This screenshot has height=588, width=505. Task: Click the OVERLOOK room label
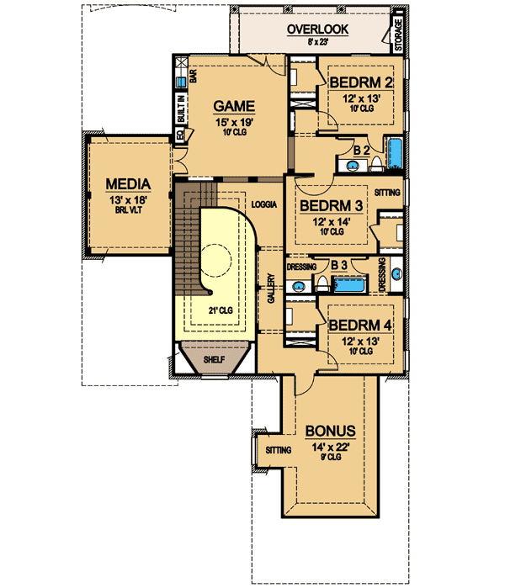(317, 29)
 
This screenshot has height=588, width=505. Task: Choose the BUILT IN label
(181, 109)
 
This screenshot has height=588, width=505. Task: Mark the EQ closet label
(180, 134)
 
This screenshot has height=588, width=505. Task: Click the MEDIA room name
(128, 183)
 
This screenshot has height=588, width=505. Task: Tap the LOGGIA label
(264, 204)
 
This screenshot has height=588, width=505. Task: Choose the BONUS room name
(332, 431)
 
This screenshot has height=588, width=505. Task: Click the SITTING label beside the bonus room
(279, 451)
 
